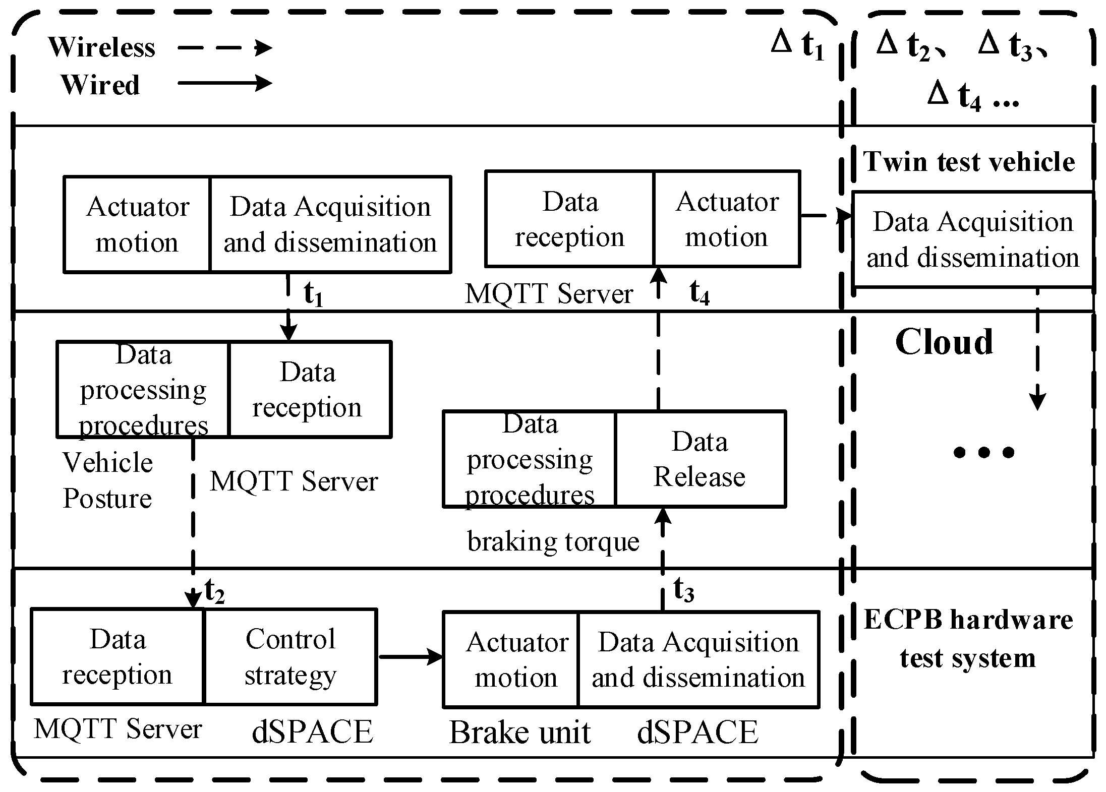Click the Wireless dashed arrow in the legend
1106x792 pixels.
(225, 48)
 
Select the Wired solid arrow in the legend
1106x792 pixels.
(225, 83)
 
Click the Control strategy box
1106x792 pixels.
(290, 656)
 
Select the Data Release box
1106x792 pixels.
(700, 459)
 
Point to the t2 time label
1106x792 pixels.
(214, 591)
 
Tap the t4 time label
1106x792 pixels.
(700, 292)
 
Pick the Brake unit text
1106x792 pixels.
(519, 732)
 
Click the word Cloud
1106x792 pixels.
(944, 342)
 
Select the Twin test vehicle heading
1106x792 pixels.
(969, 162)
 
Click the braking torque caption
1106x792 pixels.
(553, 542)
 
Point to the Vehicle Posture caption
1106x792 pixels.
(107, 480)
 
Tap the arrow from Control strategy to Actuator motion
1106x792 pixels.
(410, 656)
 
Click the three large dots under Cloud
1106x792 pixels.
(983, 452)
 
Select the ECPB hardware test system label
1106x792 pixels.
(968, 639)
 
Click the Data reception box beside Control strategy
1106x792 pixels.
(118, 656)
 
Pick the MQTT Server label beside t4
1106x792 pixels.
(549, 293)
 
